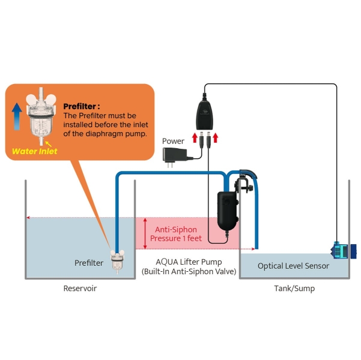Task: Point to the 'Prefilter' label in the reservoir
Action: pyautogui.click(x=89, y=263)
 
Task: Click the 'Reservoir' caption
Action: pyautogui.click(x=80, y=289)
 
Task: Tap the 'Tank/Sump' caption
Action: pyautogui.click(x=294, y=289)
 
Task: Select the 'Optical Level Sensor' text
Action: pyautogui.click(x=293, y=266)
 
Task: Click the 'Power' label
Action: pyautogui.click(x=173, y=142)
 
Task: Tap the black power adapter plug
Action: pyautogui.click(x=176, y=155)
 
